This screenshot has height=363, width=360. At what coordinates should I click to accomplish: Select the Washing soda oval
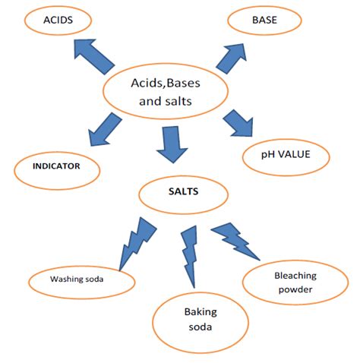click(77, 279)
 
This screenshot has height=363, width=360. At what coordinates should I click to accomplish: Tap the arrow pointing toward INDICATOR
click(106, 128)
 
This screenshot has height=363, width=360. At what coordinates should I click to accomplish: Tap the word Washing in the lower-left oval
click(66, 279)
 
